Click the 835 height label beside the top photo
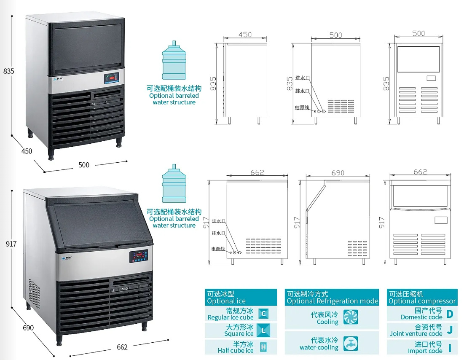9,71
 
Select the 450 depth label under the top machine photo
27,151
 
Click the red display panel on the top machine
111,78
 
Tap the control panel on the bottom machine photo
139,256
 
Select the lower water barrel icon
174,186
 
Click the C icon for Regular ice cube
263,314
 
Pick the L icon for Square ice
263,330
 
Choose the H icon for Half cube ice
263,347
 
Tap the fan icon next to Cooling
351,317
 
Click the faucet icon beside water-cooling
351,344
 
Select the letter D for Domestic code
450,314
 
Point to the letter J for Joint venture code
450,330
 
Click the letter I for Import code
450,347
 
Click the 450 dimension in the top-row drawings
245,35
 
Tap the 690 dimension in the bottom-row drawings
338,173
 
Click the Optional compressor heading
422,301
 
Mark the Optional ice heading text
226,301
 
